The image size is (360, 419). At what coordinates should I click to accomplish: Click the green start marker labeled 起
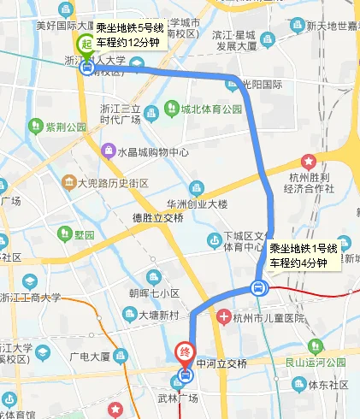[x=86, y=45]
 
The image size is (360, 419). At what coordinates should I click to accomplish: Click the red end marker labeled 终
[x=185, y=352]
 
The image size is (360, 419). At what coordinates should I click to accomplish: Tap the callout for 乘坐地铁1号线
[x=304, y=256]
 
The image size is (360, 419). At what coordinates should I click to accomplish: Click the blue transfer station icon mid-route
[x=261, y=288]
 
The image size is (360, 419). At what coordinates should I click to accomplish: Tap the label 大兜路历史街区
[x=113, y=183]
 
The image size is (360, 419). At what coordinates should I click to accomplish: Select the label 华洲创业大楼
[x=197, y=204]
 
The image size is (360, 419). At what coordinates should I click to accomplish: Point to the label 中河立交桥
[x=221, y=363]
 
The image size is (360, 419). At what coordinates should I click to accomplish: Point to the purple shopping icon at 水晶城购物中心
[x=108, y=152]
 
